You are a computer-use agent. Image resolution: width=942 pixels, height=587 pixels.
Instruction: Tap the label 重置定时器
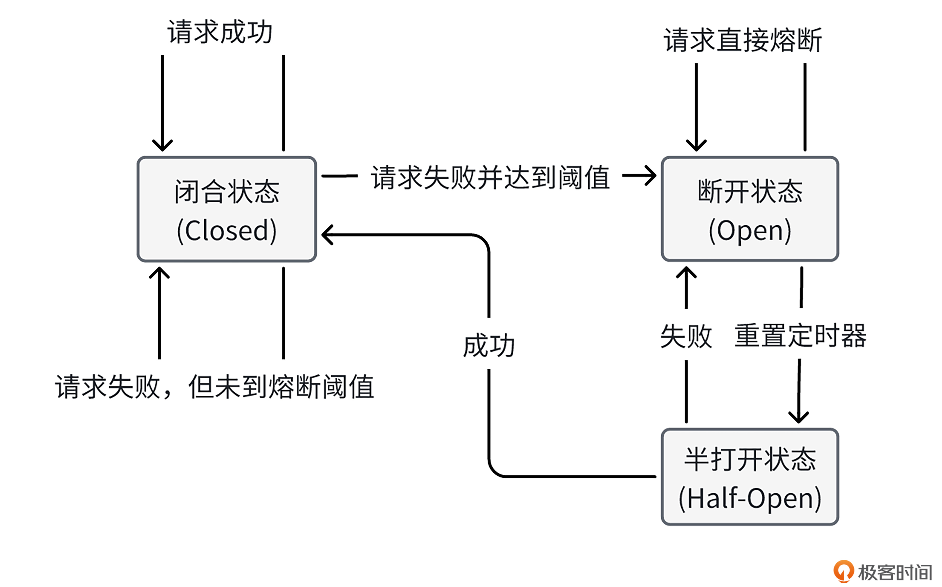[800, 336]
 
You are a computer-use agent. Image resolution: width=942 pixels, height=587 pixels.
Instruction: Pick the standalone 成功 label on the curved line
[489, 345]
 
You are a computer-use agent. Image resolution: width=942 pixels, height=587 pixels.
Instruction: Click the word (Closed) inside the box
[227, 231]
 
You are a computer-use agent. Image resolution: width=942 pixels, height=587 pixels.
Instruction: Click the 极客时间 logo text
[894, 572]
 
